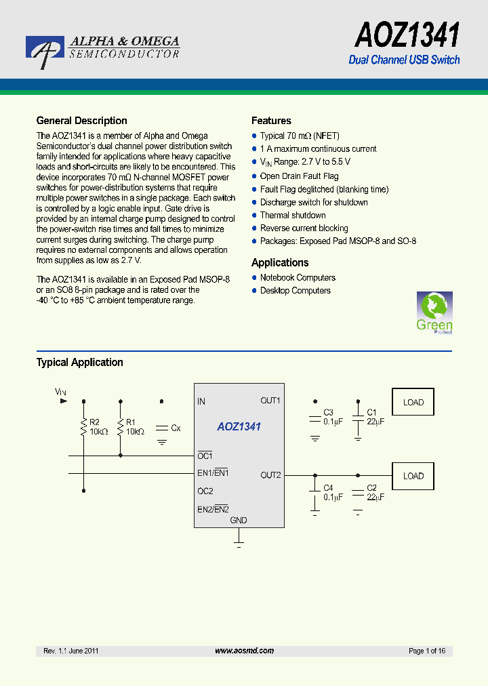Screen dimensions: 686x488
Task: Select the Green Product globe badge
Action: [434, 312]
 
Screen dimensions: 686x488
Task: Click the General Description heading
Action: [81, 121]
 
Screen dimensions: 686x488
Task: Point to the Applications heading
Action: [280, 262]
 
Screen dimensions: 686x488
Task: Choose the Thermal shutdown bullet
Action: [293, 216]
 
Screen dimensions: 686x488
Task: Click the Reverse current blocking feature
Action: [304, 228]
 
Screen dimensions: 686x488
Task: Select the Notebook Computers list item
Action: [298, 278]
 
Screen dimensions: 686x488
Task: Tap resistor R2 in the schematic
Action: [84, 428]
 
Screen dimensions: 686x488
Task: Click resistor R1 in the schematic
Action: [121, 428]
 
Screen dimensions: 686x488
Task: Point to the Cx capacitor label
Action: [176, 428]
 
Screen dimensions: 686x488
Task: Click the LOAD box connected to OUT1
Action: [413, 402]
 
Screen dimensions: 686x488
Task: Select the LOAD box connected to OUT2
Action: [413, 476]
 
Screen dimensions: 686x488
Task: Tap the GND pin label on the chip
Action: [239, 521]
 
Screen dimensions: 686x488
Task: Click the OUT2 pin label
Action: [270, 475]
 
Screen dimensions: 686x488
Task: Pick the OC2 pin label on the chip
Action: [205, 491]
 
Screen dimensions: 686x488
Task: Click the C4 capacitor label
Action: [328, 488]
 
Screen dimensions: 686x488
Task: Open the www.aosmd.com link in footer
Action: [244, 651]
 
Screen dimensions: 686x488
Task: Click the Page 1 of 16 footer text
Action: [427, 651]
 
